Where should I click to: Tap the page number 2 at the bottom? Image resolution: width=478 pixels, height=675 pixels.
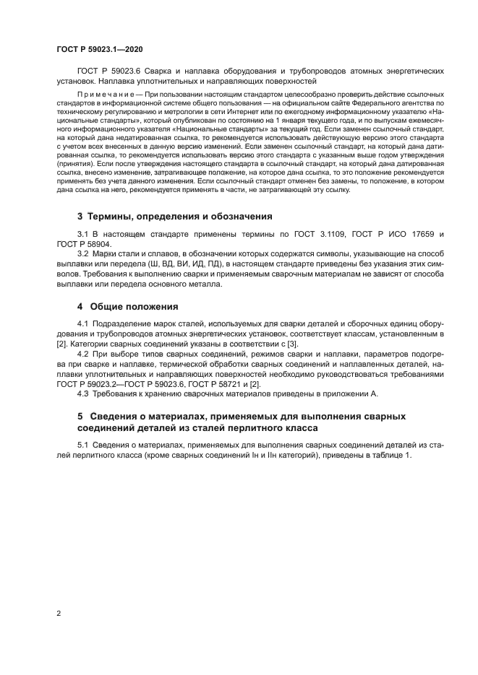click(59, 614)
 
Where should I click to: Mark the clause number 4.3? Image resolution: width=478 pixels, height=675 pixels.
click(83, 394)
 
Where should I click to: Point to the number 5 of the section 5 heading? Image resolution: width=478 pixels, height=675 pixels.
click(80, 417)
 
